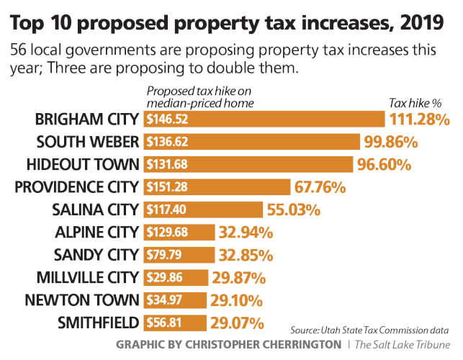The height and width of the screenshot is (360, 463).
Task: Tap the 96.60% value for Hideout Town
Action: click(384, 164)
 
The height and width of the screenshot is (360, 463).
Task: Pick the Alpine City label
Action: click(96, 233)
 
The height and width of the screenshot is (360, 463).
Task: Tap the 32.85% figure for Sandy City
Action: click(246, 255)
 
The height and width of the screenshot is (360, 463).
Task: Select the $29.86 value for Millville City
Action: click(161, 278)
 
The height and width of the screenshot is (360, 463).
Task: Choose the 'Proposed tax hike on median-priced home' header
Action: click(200, 96)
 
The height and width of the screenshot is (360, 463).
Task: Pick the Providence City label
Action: click(76, 187)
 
